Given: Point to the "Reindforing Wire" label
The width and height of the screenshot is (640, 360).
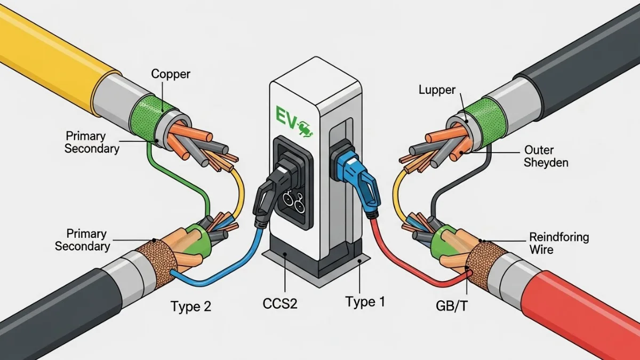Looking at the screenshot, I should [558, 243].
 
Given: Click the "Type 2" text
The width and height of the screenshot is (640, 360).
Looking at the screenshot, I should [191, 307].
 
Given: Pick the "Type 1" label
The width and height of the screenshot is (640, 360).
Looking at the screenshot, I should [365, 302].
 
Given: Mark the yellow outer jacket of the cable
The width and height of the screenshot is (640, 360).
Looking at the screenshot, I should [48, 48].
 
